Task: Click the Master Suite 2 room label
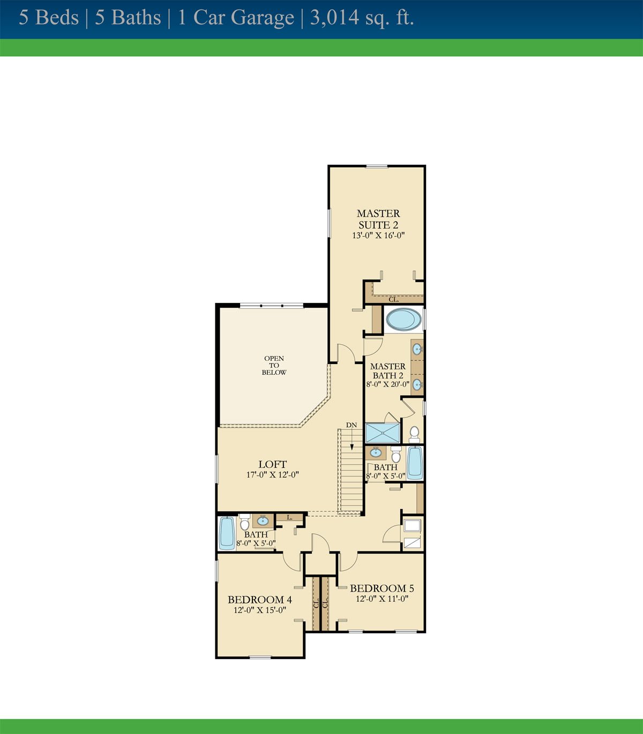(x=378, y=219)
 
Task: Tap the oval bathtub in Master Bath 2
(x=403, y=319)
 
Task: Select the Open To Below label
(x=274, y=365)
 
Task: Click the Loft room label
(x=273, y=464)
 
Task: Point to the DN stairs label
(x=352, y=425)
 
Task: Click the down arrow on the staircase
(x=352, y=440)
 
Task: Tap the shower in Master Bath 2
(x=383, y=433)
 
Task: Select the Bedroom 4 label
(x=259, y=600)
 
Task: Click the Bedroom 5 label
(x=382, y=588)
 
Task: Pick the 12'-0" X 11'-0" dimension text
(x=382, y=599)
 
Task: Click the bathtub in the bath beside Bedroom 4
(x=227, y=533)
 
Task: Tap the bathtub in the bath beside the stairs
(x=415, y=463)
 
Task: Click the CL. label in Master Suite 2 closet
(x=393, y=299)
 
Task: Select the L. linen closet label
(x=290, y=517)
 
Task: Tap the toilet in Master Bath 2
(x=414, y=434)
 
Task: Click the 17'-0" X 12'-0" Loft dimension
(x=273, y=475)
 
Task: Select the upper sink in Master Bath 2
(x=417, y=349)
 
